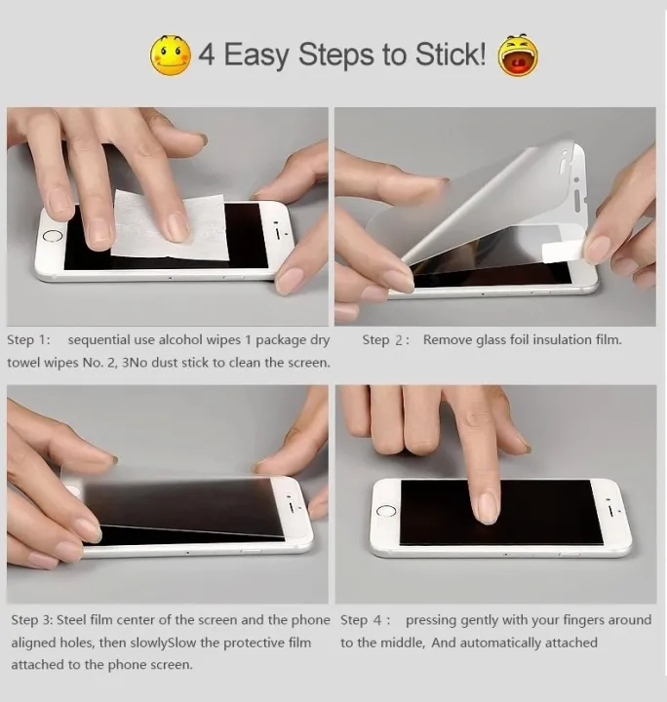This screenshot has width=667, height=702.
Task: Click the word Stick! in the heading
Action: pyautogui.click(x=448, y=55)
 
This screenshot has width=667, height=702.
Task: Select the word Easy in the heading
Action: pyautogui.click(x=257, y=56)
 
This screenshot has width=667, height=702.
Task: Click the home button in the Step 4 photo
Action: pyautogui.click(x=386, y=511)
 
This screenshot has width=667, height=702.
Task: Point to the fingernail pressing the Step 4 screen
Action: pyautogui.click(x=487, y=506)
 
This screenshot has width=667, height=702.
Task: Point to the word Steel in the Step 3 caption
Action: pyautogui.click(x=74, y=620)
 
